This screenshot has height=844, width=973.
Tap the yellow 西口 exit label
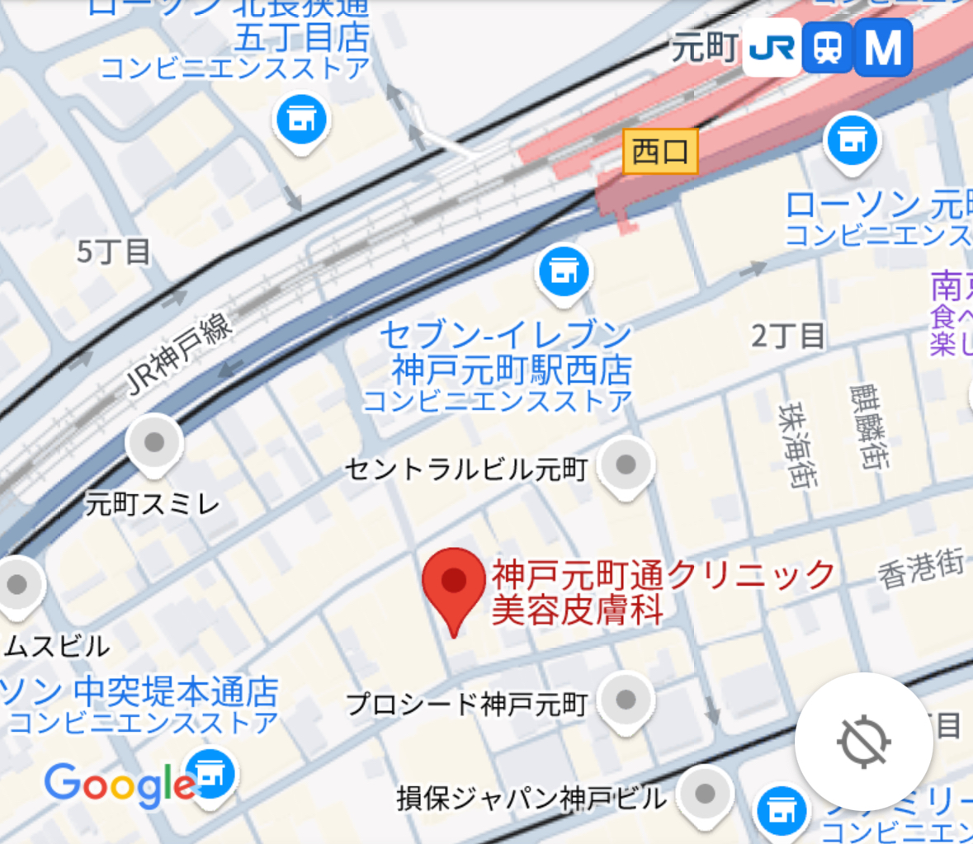[x=660, y=152]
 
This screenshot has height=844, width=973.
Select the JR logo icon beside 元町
[x=772, y=48]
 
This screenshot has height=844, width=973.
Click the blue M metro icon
[x=883, y=48]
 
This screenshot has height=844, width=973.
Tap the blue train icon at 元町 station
[x=827, y=48]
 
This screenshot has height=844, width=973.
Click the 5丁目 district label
[x=114, y=252]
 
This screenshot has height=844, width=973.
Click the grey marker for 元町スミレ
[x=154, y=444]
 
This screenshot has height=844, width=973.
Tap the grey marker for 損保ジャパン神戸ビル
[x=705, y=794]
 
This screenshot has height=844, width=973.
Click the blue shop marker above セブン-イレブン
[x=564, y=271]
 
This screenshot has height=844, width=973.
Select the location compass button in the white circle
[x=863, y=741]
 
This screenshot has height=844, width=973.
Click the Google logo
[x=120, y=785]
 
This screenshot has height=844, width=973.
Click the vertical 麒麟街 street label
[x=870, y=427]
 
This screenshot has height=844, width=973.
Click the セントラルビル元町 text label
[x=466, y=469]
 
